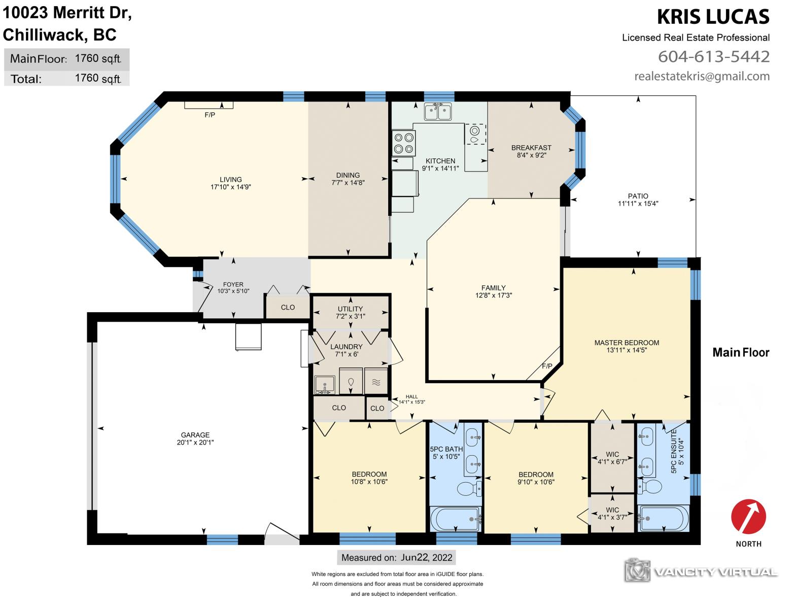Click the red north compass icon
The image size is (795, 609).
click(748, 517)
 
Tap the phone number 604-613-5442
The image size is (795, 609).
click(714, 56)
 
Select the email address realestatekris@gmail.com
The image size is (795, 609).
click(702, 76)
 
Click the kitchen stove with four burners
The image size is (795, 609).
click(404, 143)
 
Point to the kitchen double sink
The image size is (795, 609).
click(438, 111)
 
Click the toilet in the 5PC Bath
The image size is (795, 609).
click(469, 489)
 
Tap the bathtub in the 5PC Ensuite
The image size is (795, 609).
click(663, 518)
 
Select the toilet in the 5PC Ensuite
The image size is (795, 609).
click(650, 486)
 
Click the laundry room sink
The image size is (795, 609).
click(325, 385)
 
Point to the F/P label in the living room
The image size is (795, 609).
click(210, 115)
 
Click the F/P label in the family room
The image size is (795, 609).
click(547, 366)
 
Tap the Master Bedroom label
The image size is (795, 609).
click(627, 343)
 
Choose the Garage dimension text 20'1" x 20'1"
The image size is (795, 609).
click(195, 442)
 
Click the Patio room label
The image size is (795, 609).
click(638, 196)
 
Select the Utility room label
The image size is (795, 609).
click(350, 309)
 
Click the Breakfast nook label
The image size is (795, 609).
click(531, 148)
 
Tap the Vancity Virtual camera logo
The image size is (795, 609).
click(637, 570)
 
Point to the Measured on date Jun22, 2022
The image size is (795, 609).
click(427, 557)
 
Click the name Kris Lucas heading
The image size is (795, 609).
click(713, 17)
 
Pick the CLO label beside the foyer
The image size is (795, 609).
click(288, 308)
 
